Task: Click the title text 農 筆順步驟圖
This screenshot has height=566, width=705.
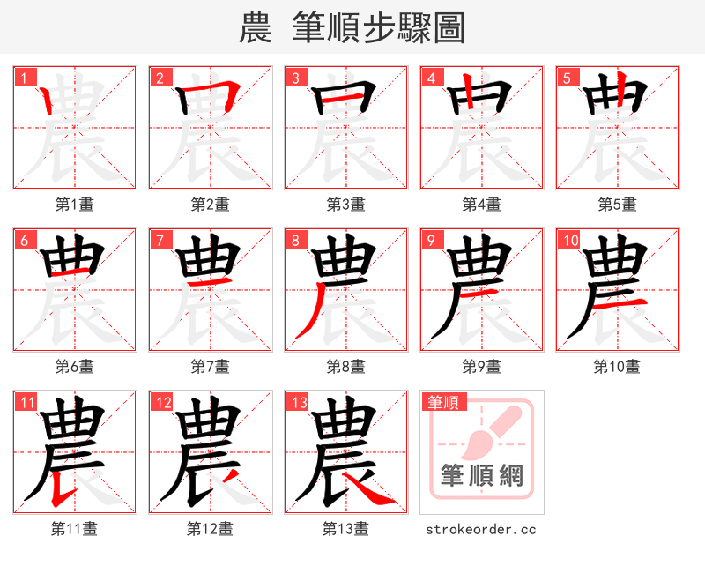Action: pyautogui.click(x=352, y=28)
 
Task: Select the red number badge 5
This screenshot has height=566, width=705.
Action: pyautogui.click(x=567, y=78)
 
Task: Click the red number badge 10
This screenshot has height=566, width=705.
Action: pyautogui.click(x=569, y=240)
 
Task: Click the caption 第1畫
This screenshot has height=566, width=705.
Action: pyautogui.click(x=75, y=205)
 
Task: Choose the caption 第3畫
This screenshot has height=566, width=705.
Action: pyautogui.click(x=346, y=205)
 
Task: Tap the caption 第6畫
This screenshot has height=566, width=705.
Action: pyautogui.click(x=75, y=366)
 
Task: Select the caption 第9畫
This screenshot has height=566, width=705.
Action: pyautogui.click(x=482, y=366)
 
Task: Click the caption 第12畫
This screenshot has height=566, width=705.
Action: pyautogui.click(x=211, y=529)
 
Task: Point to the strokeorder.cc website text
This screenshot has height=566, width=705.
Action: pyautogui.click(x=481, y=529)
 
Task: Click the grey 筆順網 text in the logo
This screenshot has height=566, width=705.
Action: pyautogui.click(x=482, y=476)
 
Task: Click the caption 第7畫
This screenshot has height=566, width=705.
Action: pyautogui.click(x=211, y=366)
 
